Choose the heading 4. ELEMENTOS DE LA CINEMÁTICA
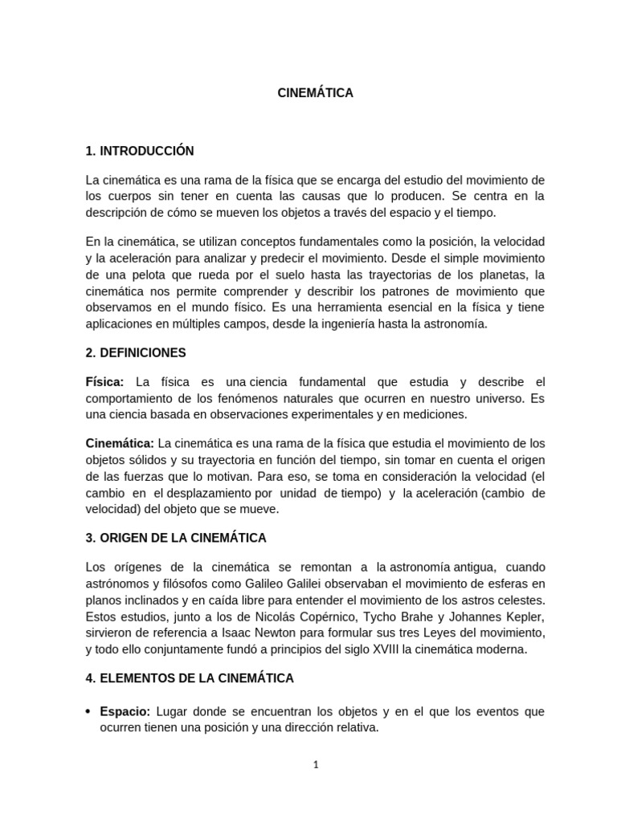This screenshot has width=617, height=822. tap(190, 678)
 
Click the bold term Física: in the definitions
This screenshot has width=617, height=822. tap(104, 381)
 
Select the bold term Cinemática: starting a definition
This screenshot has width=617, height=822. tap(120, 443)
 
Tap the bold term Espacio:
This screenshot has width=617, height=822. tap(125, 712)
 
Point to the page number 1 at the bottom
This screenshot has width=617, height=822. tap(316, 765)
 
